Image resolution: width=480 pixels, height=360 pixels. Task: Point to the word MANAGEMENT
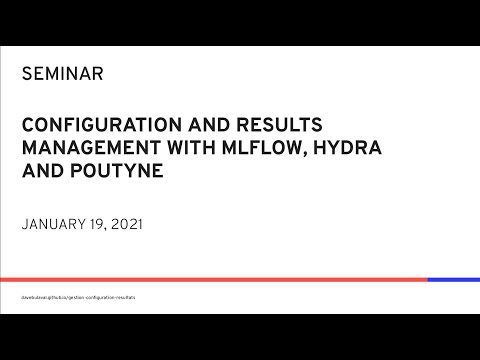tap(83, 149)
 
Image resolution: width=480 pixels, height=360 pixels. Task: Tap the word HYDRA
tap(327, 149)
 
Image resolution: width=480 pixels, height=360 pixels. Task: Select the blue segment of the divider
tap(453, 279)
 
